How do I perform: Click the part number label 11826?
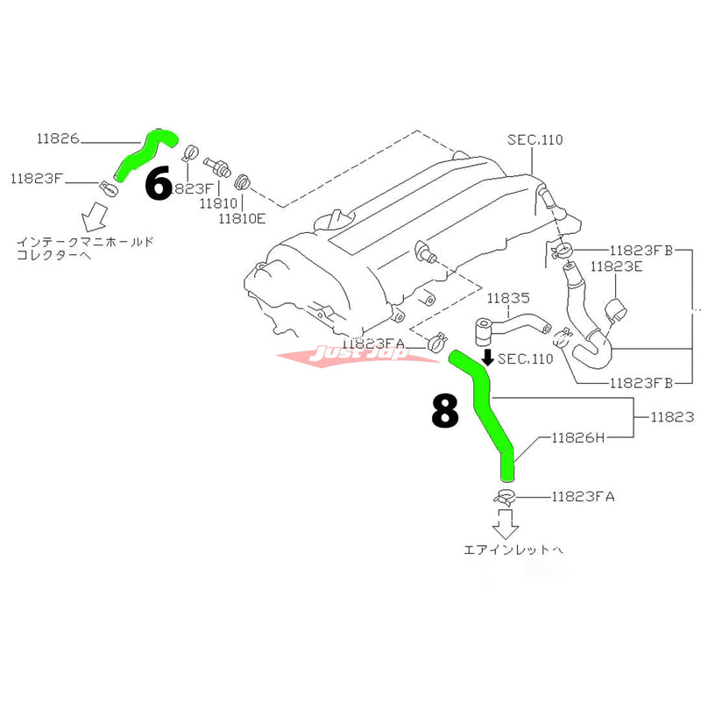point(58,138)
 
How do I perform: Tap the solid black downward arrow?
point(488,358)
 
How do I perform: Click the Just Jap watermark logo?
point(343,355)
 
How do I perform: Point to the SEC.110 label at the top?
point(535,140)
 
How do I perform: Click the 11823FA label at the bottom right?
point(584,497)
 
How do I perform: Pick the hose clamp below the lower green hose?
point(506,498)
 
